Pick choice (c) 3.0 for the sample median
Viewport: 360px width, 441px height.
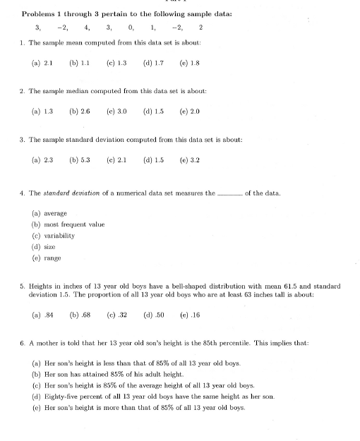[x=116, y=111]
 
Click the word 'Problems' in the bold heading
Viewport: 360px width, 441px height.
[x=40, y=13]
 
